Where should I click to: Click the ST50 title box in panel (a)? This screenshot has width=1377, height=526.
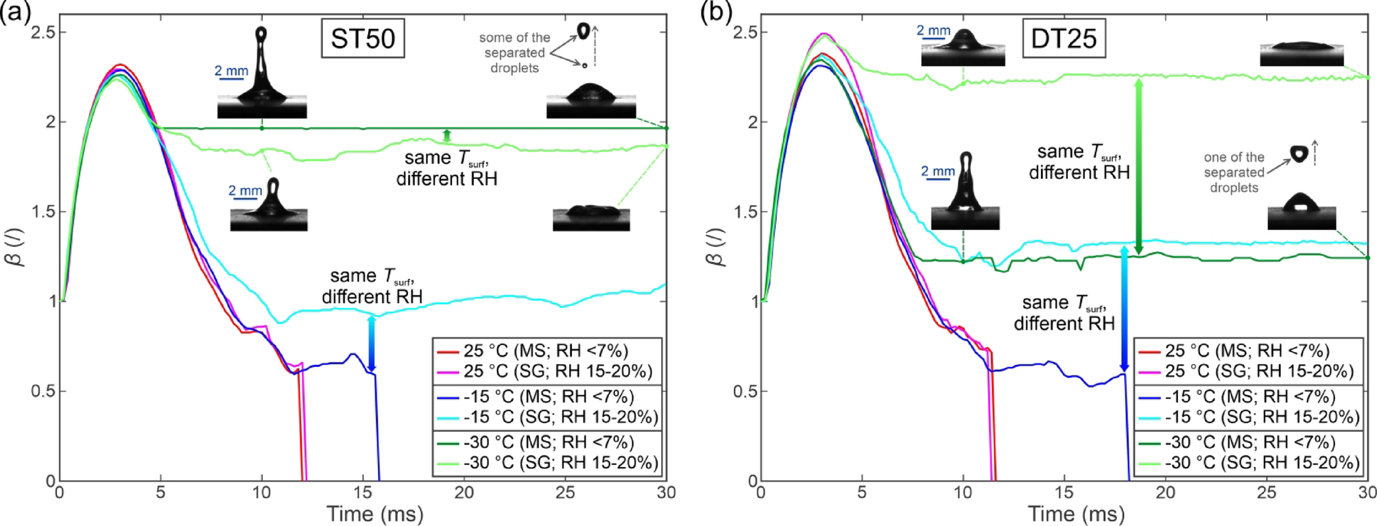point(363,38)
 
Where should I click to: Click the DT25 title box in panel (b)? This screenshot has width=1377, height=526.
point(1064,38)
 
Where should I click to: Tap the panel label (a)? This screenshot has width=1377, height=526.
point(14,12)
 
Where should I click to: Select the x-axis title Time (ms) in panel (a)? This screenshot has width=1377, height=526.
point(374,514)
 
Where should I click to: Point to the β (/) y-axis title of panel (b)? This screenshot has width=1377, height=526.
point(715,248)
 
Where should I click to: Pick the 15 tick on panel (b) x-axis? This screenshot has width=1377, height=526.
point(1064,492)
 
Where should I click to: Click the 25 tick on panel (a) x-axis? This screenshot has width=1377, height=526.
point(565,492)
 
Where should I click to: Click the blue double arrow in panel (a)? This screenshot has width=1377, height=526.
point(372,344)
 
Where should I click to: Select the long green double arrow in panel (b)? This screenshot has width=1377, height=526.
point(1138,167)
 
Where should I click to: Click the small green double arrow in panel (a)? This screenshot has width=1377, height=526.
point(447,136)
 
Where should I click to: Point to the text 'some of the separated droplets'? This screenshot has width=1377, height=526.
point(514,53)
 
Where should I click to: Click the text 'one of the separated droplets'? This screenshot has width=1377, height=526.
point(1234,172)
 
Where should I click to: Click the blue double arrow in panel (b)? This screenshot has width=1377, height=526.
point(1124,309)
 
